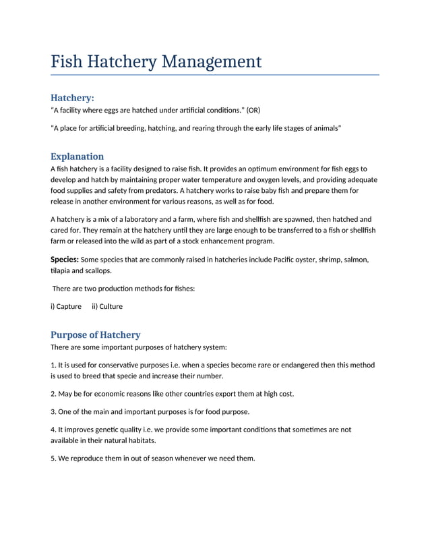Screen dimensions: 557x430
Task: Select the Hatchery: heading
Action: click(x=72, y=98)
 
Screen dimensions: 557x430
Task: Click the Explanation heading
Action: click(x=77, y=156)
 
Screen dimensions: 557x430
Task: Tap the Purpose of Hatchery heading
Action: click(x=96, y=334)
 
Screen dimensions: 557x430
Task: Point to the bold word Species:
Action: click(x=65, y=260)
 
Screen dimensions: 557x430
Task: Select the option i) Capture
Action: click(x=66, y=306)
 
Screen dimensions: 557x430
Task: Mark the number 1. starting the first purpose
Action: click(x=53, y=365)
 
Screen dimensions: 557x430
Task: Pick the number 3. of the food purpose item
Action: click(x=53, y=411)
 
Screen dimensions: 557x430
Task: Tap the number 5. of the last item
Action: click(x=53, y=459)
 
